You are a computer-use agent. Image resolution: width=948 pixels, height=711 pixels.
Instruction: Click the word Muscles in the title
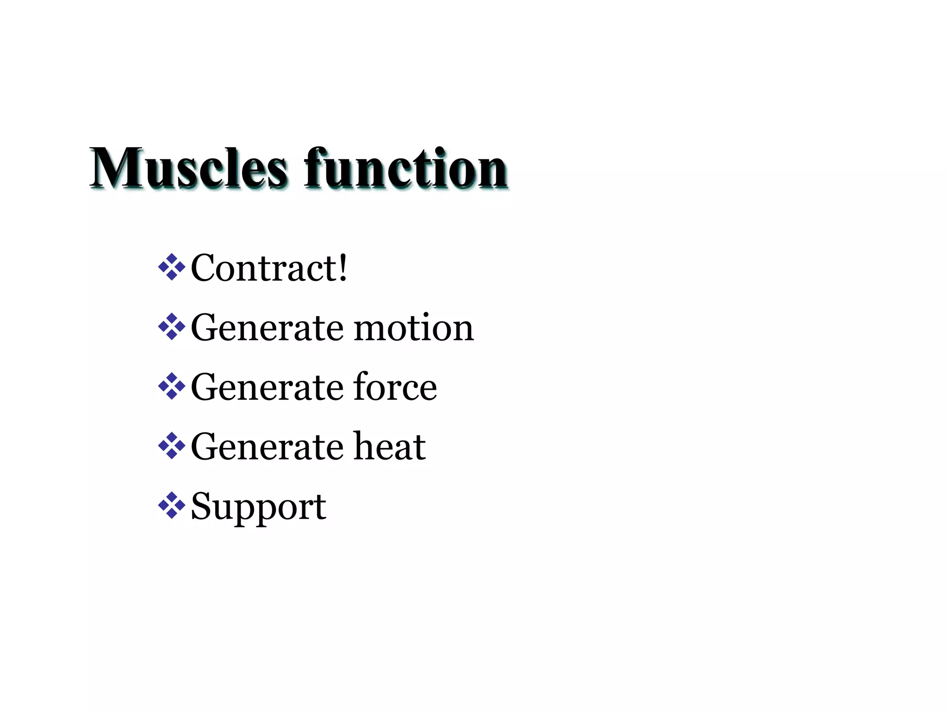click(x=188, y=168)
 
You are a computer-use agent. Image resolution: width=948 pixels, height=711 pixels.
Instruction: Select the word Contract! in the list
click(x=268, y=268)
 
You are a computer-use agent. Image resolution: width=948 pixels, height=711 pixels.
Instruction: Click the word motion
click(x=414, y=328)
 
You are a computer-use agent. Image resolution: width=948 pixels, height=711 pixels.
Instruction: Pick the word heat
click(x=389, y=446)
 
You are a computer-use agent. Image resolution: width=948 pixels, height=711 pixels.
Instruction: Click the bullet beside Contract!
click(x=171, y=267)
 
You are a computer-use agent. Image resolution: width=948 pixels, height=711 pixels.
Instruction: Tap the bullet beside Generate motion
click(x=171, y=327)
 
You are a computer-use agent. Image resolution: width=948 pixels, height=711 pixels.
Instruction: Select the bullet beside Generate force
click(x=171, y=386)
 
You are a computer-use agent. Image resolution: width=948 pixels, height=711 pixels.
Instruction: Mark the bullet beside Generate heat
click(x=171, y=446)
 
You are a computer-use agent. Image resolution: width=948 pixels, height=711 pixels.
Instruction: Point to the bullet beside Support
click(x=171, y=505)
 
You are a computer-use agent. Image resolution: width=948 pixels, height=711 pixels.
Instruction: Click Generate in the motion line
click(x=267, y=328)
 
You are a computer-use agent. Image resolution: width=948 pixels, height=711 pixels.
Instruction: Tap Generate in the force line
click(x=267, y=387)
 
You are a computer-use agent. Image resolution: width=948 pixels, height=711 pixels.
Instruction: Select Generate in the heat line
click(x=267, y=446)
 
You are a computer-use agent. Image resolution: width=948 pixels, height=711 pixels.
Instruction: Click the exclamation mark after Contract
click(x=343, y=267)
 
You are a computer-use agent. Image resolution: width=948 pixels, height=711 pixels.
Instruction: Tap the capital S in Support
click(x=202, y=505)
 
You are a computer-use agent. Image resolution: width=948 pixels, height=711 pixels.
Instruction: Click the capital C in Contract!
click(x=205, y=268)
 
